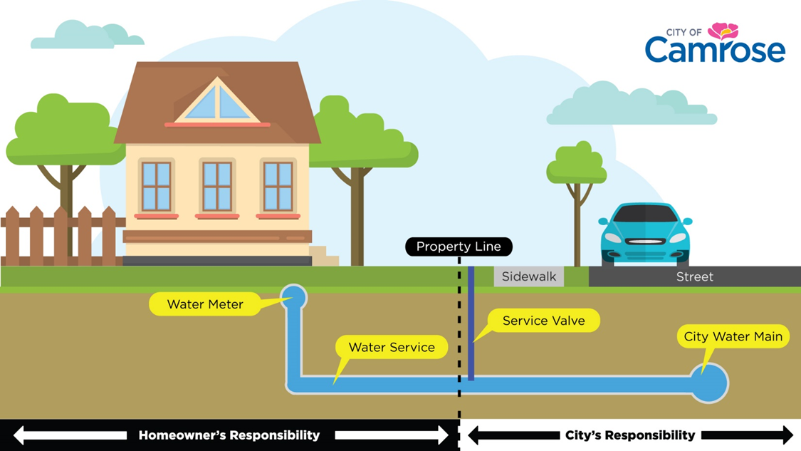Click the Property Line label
tap(459, 247)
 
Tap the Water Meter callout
tap(205, 304)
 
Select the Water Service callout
tap(391, 348)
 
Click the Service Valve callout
tap(543, 321)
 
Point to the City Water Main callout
tap(733, 336)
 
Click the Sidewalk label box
tap(528, 276)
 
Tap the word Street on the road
tap(694, 276)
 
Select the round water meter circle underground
tap(293, 296)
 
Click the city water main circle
tap(709, 383)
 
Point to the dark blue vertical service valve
tap(471, 328)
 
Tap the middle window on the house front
tap(216, 186)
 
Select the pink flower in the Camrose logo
tap(723, 30)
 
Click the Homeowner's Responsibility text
tap(229, 435)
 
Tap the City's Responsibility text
tap(629, 435)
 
